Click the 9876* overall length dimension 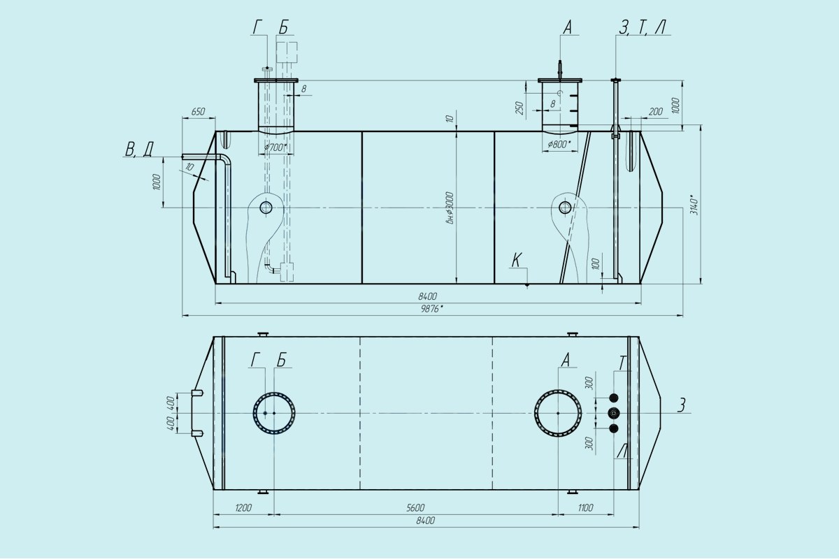coord(433,309)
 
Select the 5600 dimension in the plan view coord(415,508)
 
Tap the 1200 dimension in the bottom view coord(243,508)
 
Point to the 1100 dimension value coord(585,508)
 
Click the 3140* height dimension coord(694,204)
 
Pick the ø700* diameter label coord(275,147)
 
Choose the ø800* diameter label coord(559,144)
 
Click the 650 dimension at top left coord(198,112)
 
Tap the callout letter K coord(517,260)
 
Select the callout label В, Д coord(139,149)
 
